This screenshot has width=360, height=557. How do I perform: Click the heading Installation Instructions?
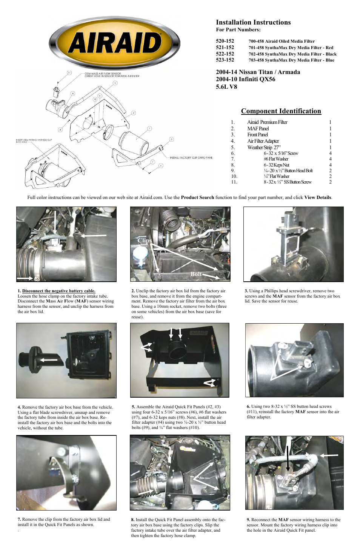(253, 22)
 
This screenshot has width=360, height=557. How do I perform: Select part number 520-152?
(225, 41)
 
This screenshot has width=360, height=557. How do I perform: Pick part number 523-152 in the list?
(225, 60)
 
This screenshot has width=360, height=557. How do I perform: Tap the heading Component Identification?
(281, 111)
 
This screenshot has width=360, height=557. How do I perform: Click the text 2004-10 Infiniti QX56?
(246, 79)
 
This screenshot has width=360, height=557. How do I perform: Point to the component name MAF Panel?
(258, 128)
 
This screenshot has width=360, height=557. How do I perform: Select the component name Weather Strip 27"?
(264, 147)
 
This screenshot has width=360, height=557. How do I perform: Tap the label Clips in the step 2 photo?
(145, 241)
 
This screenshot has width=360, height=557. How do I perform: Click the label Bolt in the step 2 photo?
(196, 274)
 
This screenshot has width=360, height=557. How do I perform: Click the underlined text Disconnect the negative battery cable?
(58, 291)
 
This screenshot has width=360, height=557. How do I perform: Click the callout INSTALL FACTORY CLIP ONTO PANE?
(191, 157)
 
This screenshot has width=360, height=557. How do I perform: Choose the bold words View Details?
(318, 197)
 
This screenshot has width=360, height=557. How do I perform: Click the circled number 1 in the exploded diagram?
(149, 128)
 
